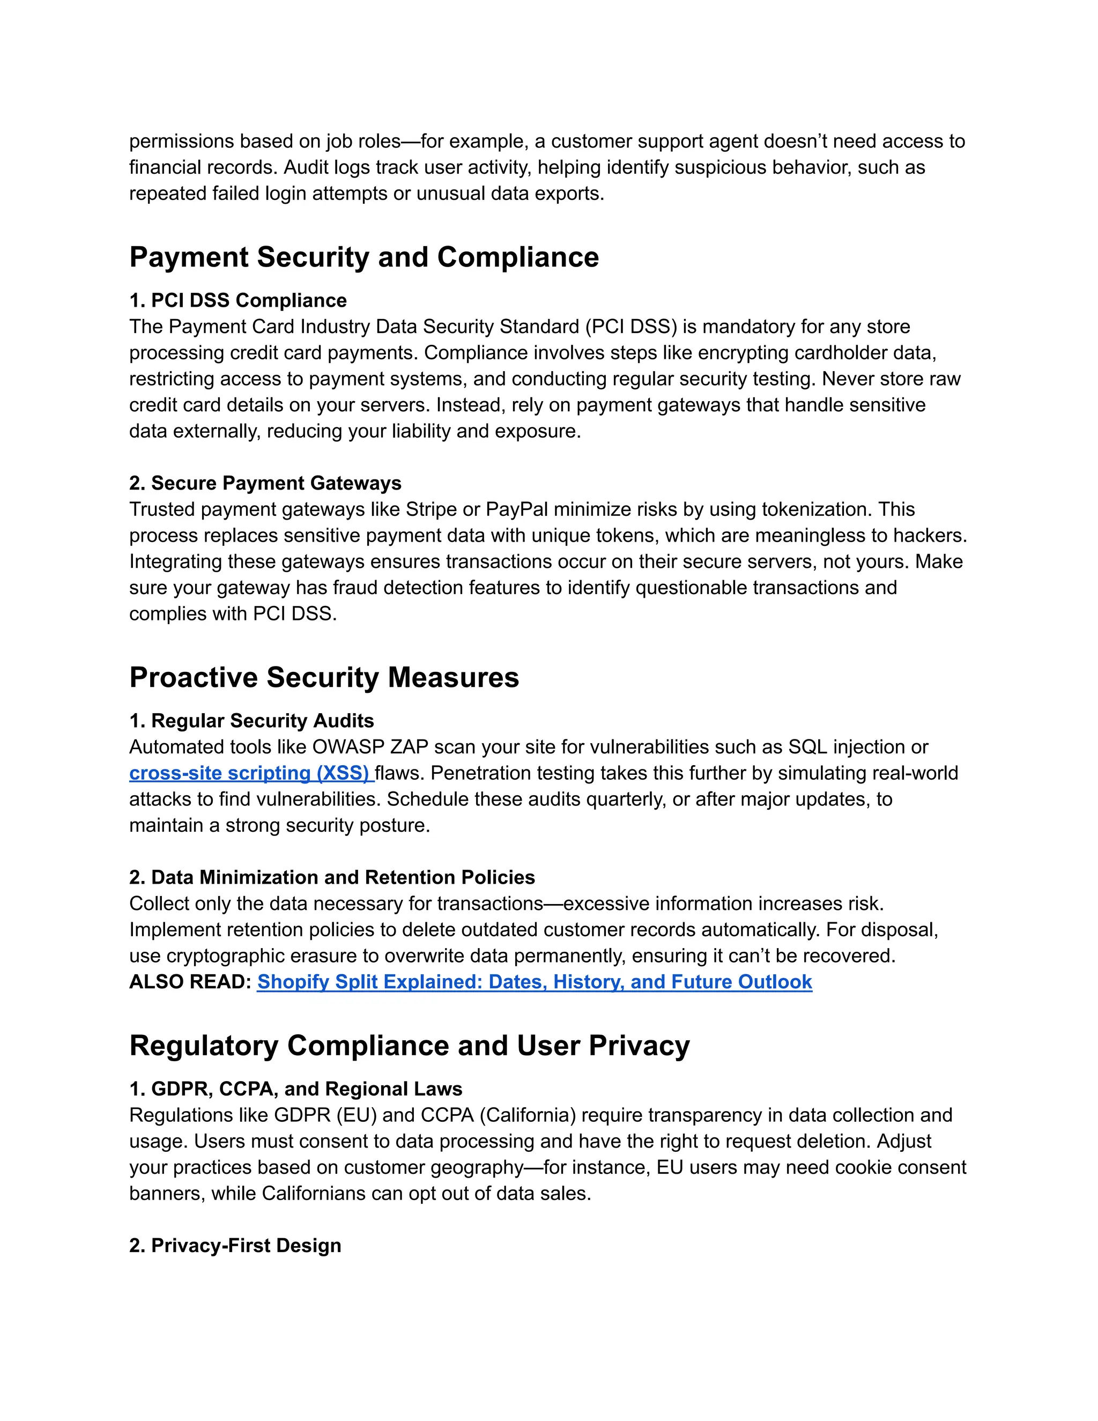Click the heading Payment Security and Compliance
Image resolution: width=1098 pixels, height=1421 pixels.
pos(363,257)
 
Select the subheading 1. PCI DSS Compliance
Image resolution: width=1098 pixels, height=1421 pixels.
pos(238,301)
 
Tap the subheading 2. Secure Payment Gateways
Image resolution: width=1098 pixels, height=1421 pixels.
pos(265,484)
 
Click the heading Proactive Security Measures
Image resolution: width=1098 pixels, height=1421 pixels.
pos(324,677)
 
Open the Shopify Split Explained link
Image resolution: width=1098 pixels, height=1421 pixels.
pos(534,982)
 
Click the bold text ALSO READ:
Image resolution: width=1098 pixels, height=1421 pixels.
pos(190,982)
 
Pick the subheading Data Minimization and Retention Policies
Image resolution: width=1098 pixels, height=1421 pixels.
pos(343,878)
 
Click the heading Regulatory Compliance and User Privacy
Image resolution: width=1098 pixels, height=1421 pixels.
pos(409,1046)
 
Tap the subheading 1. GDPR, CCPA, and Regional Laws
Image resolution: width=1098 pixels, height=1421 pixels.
pos(295,1089)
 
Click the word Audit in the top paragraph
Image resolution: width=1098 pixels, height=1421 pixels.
pos(306,167)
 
